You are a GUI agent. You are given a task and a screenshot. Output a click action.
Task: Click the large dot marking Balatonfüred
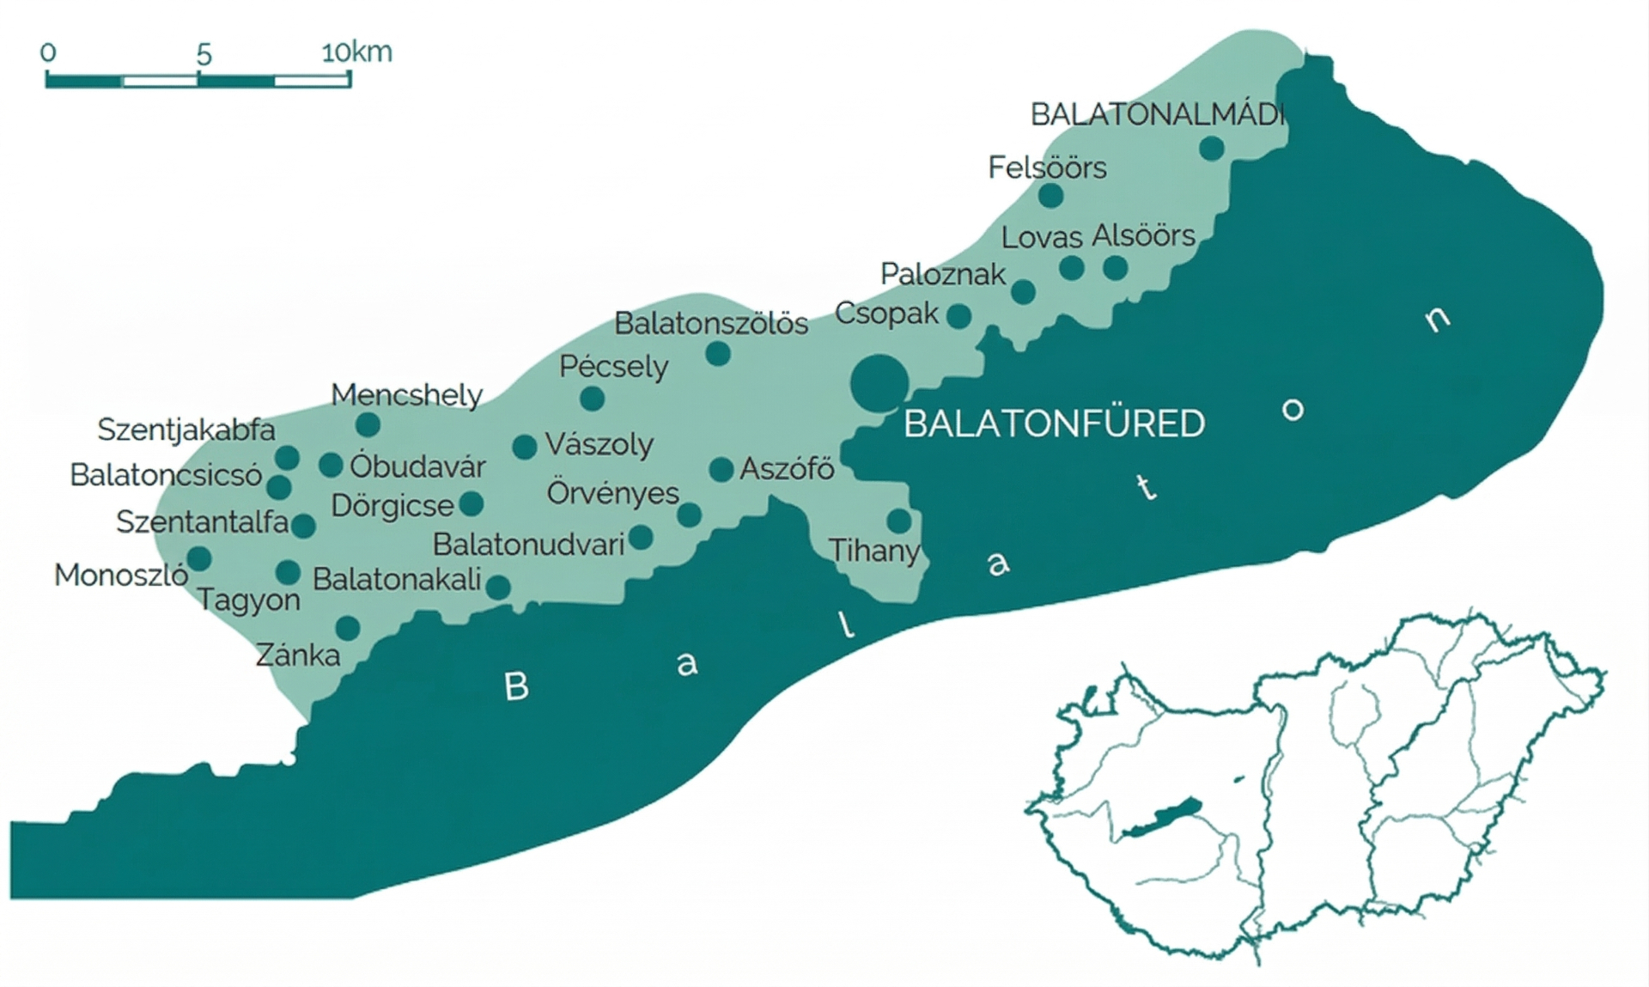879,383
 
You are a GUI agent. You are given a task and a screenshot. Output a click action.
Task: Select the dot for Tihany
899,521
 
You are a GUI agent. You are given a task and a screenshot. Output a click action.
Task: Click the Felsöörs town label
1047,168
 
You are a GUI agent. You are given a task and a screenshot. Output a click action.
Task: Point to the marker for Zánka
348,628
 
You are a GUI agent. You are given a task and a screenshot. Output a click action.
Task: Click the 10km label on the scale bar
356,52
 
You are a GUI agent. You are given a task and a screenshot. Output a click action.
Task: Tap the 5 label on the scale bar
204,55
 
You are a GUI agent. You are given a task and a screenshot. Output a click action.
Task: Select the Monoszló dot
199,559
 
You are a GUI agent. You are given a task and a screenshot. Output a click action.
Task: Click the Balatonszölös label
711,324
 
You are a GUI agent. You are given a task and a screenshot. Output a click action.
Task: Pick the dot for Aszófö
721,470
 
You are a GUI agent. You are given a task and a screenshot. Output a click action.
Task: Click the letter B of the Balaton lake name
516,686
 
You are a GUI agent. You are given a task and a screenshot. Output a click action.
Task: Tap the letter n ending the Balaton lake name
1437,319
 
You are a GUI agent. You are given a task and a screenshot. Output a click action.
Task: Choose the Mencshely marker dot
368,424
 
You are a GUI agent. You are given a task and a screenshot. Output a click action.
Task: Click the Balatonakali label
396,580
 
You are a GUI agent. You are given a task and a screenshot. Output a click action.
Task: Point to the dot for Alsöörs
1115,268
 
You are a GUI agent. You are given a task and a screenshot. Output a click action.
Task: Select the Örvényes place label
612,494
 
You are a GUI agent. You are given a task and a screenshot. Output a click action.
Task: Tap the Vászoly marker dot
525,447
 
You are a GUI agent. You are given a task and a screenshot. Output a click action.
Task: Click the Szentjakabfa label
186,430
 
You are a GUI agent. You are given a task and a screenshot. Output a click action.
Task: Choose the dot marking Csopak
959,316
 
